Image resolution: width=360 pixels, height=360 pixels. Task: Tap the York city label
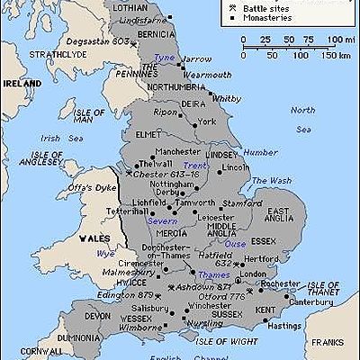tap(207, 121)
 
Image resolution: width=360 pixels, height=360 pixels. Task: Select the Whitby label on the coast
tap(226, 98)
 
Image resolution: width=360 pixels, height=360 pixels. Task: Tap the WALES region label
tap(93, 238)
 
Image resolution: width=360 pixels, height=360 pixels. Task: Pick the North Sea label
tap(302, 115)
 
